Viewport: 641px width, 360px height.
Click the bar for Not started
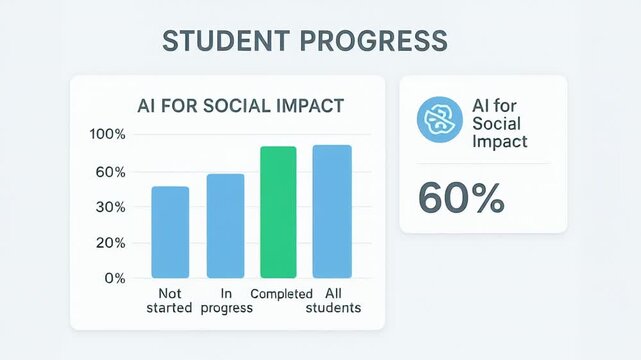tap(170, 232)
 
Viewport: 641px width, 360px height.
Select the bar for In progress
tap(225, 226)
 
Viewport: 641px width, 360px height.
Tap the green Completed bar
tap(278, 212)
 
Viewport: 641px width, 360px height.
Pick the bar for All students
tap(332, 211)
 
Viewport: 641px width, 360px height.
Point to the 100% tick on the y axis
tap(107, 135)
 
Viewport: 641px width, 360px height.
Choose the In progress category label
tap(226, 300)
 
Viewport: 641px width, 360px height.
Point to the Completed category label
tap(281, 294)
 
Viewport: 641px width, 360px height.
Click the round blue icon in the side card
tap(435, 121)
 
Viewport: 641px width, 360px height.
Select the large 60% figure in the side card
tap(462, 197)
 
